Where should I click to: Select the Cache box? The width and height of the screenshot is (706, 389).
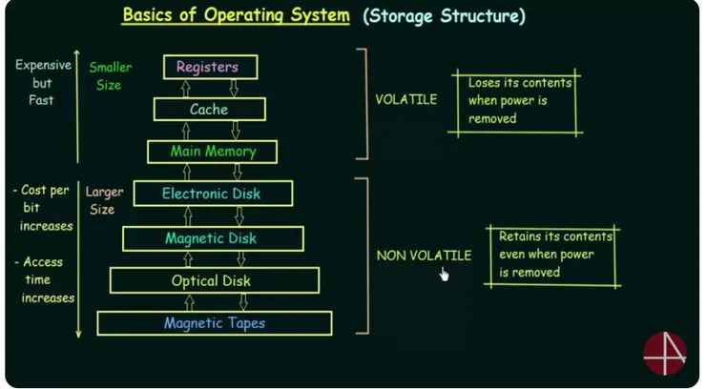pyautogui.click(x=209, y=110)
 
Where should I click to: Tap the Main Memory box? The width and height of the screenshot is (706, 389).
pyautogui.click(x=213, y=152)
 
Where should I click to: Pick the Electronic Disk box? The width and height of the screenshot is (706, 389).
pyautogui.click(x=212, y=194)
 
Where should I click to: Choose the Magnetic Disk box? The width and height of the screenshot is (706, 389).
pyautogui.click(x=213, y=238)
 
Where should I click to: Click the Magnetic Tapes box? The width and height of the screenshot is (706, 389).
pyautogui.click(x=215, y=323)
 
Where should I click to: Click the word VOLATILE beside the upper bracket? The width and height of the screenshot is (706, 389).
pyautogui.click(x=406, y=99)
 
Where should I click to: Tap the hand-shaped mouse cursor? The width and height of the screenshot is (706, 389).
pyautogui.click(x=444, y=275)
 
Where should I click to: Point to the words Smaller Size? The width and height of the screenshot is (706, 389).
pyautogui.click(x=111, y=75)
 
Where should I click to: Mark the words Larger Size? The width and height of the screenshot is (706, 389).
pyautogui.click(x=104, y=200)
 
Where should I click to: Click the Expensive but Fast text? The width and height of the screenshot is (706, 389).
pyautogui.click(x=42, y=82)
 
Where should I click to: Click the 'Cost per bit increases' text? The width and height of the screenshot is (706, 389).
pyautogui.click(x=44, y=208)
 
